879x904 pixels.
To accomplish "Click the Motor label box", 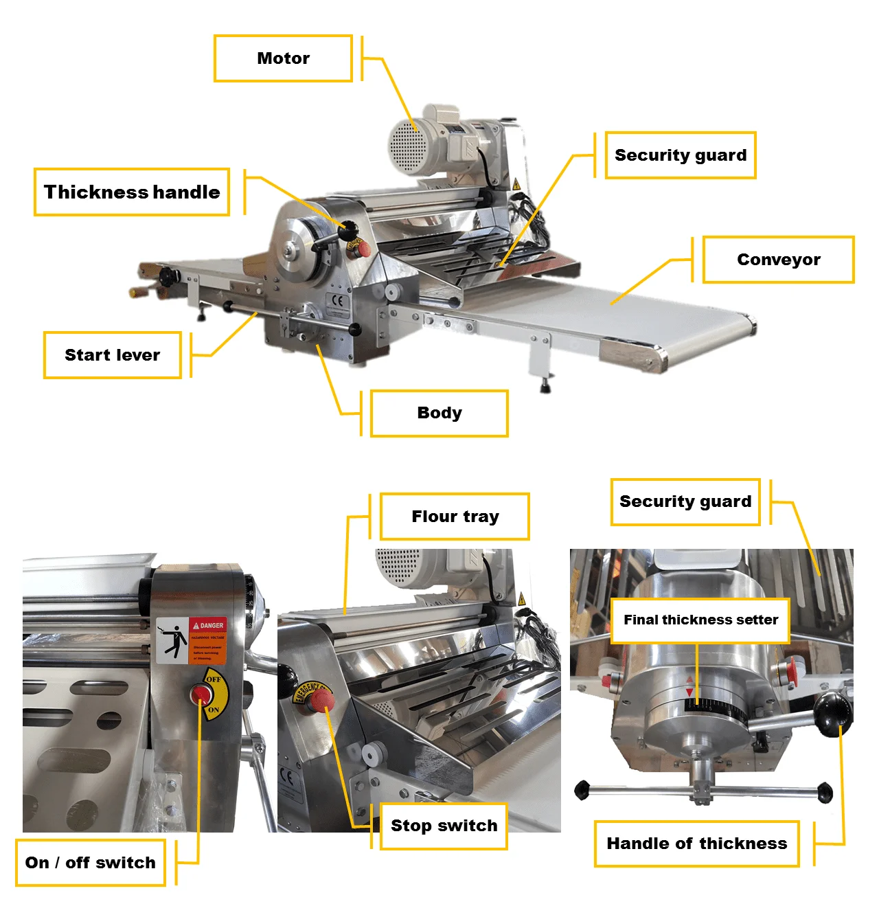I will coord(283,58).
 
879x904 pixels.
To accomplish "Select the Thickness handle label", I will coord(132,192).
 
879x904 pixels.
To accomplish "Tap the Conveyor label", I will coord(778,260).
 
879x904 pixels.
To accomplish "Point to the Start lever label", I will coord(113,355).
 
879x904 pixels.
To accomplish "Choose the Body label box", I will coord(439,413).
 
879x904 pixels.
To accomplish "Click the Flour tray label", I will coord(455,517).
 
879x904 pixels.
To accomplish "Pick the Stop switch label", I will coord(444,826).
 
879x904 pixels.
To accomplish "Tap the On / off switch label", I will coord(91,863).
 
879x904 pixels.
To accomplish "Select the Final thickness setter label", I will coord(700,620).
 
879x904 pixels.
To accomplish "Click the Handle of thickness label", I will coord(696,844).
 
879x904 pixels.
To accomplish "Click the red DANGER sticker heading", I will coord(208,625).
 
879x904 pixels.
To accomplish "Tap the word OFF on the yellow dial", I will coord(214,679).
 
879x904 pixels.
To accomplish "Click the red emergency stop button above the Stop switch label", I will coord(320,701).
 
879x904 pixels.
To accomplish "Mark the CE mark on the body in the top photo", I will coord(336,300).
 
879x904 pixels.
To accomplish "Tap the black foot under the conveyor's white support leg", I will coord(546,387).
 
